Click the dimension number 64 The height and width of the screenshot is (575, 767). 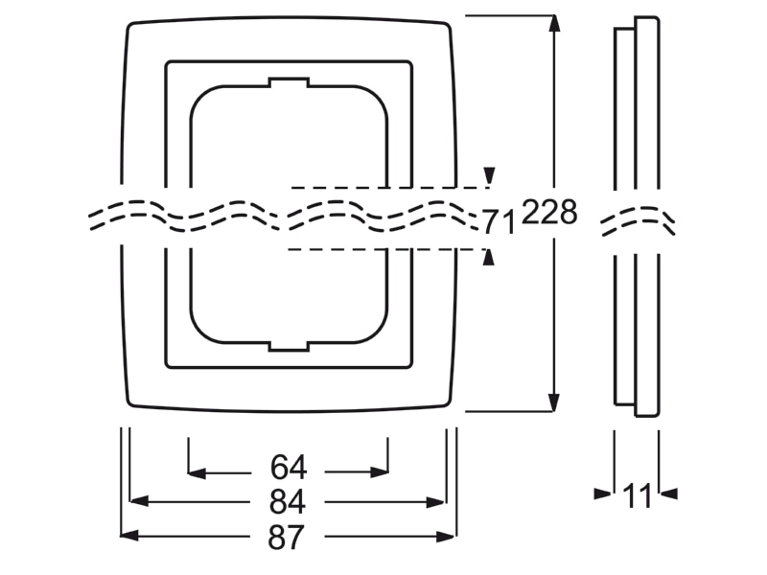point(289,468)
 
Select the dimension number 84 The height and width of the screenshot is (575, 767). point(288,501)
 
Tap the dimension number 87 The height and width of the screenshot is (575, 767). point(286,537)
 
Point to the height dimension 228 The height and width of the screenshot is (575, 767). point(549,213)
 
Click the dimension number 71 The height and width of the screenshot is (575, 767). point(500,222)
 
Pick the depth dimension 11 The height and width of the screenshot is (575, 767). point(638,495)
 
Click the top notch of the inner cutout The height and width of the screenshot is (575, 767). point(289,82)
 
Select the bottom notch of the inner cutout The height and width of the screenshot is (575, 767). point(289,346)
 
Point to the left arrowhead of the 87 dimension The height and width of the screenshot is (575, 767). point(129,537)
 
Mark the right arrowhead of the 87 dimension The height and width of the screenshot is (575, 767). point(446,537)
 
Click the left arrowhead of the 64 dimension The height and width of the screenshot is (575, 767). point(198,472)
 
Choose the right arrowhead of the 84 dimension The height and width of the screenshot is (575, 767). point(435,501)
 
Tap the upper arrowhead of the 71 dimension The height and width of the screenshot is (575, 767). point(489,175)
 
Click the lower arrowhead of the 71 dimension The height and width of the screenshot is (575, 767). point(488,258)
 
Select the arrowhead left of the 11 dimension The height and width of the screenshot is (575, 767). point(603,494)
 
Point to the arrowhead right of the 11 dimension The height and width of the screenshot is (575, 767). point(668,494)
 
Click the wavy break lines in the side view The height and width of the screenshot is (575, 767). point(638,221)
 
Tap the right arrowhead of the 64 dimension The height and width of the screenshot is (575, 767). point(380,472)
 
